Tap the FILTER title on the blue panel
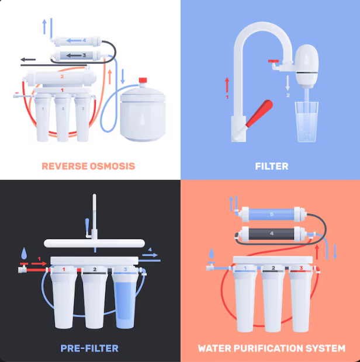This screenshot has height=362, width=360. (272, 166)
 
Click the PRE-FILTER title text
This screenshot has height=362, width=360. (89, 348)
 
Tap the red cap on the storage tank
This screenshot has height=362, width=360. (143, 80)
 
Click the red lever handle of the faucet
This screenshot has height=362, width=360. (259, 113)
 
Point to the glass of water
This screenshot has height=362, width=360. (307, 121)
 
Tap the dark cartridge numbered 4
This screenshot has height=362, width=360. (272, 234)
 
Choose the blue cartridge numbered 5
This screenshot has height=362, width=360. (272, 214)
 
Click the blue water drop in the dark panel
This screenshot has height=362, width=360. (24, 253)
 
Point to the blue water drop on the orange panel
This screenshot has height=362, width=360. (212, 253)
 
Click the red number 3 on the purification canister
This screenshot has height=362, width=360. (301, 268)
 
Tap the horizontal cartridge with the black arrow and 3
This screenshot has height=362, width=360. (76, 55)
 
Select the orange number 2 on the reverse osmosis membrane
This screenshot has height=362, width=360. (62, 76)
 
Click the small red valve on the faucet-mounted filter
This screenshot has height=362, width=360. (274, 61)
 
